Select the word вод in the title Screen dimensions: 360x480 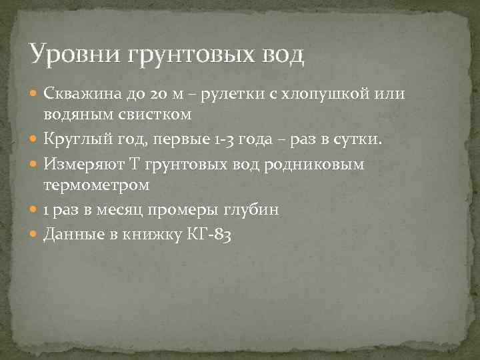[281, 54]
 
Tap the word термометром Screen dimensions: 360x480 [97, 185]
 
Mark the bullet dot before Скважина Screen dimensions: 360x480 [35, 93]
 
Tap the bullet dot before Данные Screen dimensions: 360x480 [35, 235]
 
